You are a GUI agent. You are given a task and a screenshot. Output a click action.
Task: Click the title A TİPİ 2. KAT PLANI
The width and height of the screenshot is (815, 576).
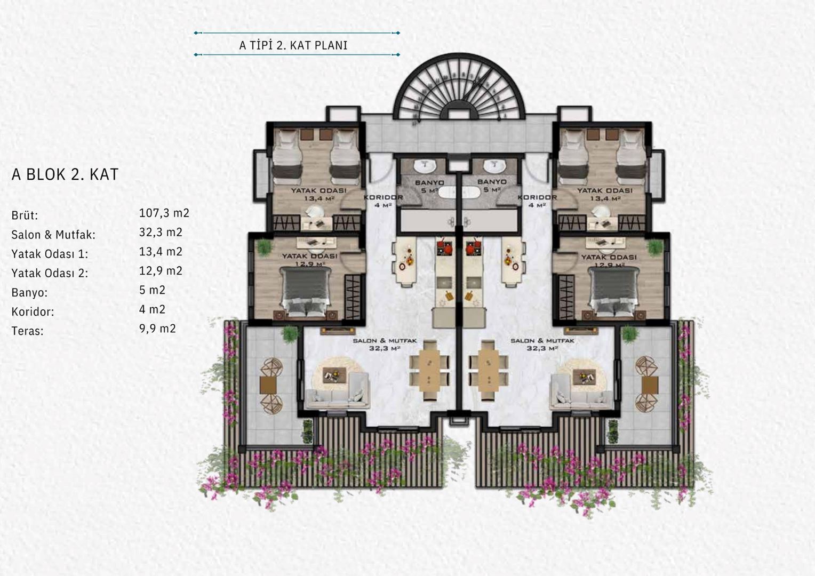[293, 45]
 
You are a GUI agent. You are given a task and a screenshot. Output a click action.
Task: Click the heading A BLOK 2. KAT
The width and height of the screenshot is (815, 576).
[65, 174]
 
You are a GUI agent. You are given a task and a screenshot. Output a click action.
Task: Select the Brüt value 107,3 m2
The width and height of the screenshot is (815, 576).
[164, 213]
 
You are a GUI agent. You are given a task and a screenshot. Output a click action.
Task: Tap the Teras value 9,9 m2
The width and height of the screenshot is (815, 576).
[157, 329]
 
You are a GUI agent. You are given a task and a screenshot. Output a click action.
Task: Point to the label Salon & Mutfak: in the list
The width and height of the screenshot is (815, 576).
[53, 235]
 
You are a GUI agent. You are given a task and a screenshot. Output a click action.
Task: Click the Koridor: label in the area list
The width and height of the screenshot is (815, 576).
[33, 312]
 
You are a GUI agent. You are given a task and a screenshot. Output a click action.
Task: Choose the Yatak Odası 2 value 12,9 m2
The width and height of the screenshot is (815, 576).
[161, 271]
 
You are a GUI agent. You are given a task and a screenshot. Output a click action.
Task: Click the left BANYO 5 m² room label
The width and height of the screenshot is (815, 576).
[430, 186]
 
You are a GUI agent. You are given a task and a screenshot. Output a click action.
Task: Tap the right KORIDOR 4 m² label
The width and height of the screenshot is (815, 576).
[537, 201]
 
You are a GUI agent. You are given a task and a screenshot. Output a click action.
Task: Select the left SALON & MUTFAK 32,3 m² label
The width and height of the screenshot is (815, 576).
[385, 344]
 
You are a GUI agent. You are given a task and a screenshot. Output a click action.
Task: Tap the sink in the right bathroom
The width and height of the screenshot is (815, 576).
[494, 166]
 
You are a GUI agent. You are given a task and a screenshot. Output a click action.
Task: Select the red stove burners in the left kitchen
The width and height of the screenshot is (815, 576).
[445, 247]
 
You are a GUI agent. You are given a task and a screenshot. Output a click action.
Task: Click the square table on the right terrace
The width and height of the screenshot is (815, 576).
[650, 386]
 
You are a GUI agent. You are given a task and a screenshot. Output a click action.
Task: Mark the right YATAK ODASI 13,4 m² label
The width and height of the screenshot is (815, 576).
[605, 194]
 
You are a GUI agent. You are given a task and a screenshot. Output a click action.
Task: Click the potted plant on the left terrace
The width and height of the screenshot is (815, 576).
[290, 334]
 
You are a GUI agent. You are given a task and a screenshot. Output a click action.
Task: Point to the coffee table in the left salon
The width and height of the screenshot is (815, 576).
[334, 373]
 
